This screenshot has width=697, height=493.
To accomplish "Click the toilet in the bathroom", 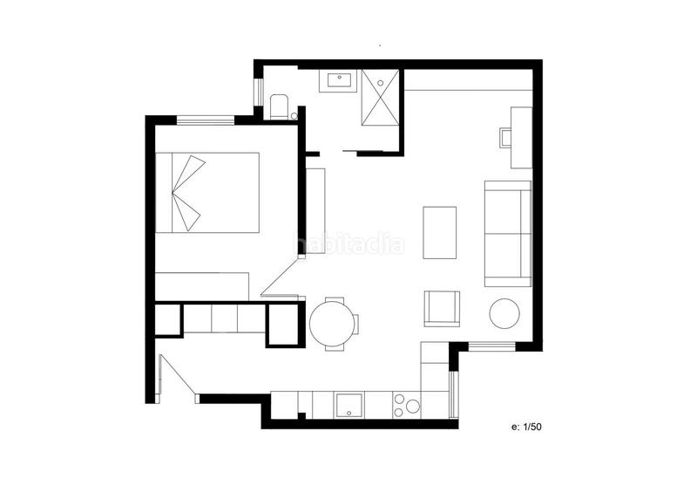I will coord(280,106).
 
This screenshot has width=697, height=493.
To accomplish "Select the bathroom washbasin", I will coord(339,82).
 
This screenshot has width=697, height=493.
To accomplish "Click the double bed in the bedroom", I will coord(207,192).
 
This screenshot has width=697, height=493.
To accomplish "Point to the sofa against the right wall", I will coord(508,234).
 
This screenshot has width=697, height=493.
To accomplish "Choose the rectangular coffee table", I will coord(439,232).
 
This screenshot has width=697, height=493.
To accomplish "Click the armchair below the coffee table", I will coord(442,308).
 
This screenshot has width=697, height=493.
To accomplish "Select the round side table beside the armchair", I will coord(504,313).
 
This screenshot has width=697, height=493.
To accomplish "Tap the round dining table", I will coord(331,322).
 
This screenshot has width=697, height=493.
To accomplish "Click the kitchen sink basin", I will coord(350,404).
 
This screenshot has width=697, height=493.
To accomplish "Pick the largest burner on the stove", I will coord(412,406).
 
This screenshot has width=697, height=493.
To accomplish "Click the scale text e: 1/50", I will coord(526,427).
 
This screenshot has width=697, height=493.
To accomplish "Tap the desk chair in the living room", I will coord(506,137).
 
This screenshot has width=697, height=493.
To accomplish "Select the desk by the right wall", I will coord(521,137).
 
